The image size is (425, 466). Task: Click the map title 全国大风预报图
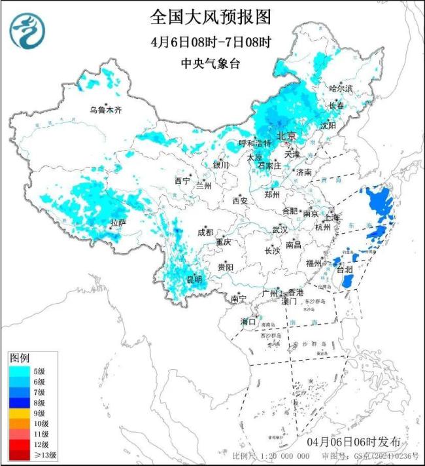[210, 16]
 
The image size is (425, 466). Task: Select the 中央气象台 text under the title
[210, 63]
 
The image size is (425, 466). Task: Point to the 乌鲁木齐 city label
[106, 109]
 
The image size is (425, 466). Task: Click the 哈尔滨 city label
[341, 88]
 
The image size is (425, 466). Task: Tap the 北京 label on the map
[286, 135]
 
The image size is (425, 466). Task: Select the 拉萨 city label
[118, 223]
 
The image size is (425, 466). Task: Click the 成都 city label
[205, 232]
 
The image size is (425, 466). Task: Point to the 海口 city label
[248, 321]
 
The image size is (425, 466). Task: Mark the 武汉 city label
[280, 230]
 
